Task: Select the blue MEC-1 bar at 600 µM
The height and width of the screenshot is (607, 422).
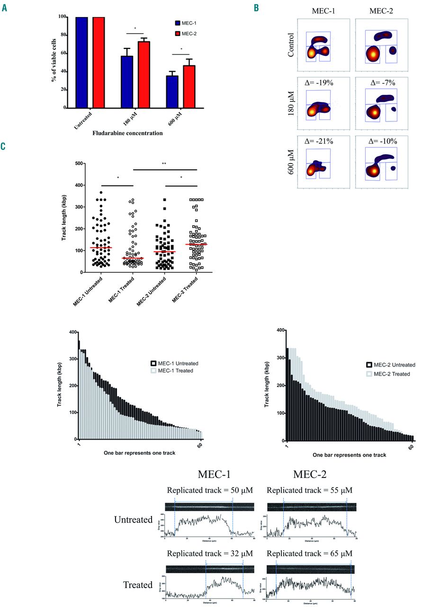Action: [x=172, y=92]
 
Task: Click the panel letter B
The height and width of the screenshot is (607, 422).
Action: [x=256, y=8]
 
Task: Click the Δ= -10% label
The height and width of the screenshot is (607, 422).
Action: [x=375, y=141]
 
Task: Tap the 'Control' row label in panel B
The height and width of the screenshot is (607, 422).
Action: [x=290, y=45]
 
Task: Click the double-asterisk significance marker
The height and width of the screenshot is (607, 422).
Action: [x=164, y=164]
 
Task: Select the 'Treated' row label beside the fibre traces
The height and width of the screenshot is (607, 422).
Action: [x=134, y=585]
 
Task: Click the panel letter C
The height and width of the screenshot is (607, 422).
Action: [x=4, y=147]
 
